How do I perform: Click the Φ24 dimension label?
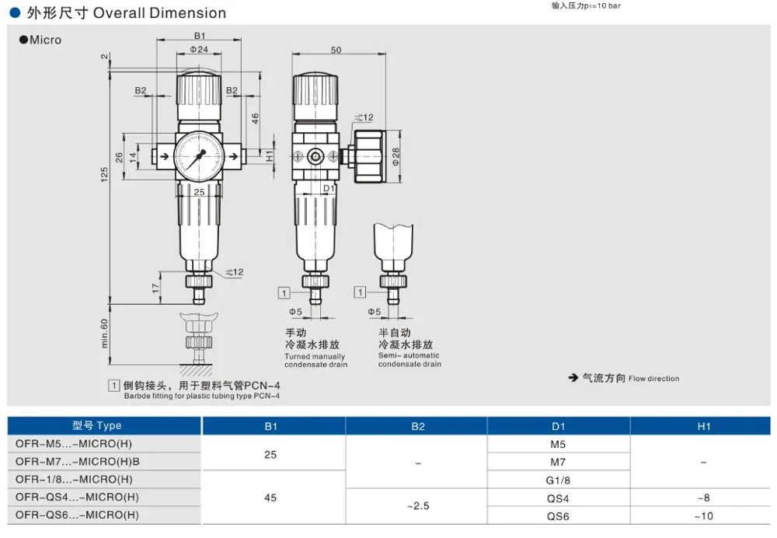199,50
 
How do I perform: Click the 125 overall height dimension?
104,175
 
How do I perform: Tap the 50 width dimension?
336,50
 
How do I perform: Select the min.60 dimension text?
104,333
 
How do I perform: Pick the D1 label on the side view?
329,188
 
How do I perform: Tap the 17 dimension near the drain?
156,288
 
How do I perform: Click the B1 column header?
270,426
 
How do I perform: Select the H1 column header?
703,426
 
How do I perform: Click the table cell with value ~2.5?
418,506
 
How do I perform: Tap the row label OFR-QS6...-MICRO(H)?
78,515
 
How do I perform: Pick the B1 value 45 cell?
270,497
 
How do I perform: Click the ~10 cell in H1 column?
703,515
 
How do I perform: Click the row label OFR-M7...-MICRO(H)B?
78,462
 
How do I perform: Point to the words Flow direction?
653,379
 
